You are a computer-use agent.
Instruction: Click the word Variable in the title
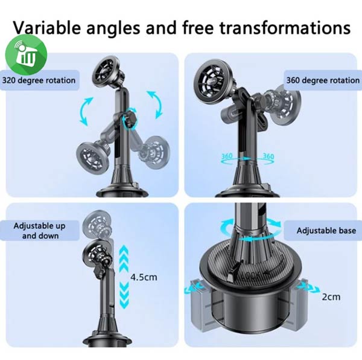coord(46,28)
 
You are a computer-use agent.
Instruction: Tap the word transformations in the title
coord(285,28)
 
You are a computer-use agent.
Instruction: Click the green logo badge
coord(26,55)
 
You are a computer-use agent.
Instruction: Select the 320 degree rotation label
coord(39,80)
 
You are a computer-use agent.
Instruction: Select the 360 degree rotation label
coord(323,80)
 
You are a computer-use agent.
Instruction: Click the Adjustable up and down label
coord(40,231)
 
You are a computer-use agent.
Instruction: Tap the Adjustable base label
coord(326,231)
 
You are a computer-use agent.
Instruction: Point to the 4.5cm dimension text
coord(144,277)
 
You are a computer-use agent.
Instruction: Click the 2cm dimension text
coord(331,297)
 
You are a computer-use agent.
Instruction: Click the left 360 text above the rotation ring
coord(227,156)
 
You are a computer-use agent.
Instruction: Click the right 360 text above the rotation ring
coord(268,156)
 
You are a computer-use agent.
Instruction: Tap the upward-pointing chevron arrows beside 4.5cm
coord(124,259)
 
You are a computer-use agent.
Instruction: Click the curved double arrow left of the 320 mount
coord(85,112)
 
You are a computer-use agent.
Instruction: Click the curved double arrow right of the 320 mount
coord(155,104)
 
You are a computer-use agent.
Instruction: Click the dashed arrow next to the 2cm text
coord(309,288)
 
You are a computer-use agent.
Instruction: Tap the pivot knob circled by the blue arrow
coord(130,118)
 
